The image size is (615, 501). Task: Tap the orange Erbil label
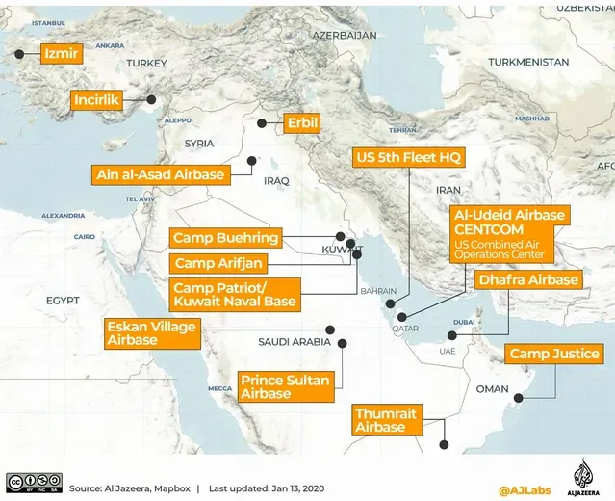[x=301, y=123]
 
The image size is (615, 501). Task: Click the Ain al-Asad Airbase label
[x=161, y=174]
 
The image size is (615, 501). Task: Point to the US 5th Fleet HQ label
[x=409, y=157]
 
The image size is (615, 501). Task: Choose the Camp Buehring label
[x=226, y=237]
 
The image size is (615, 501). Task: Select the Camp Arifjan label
[x=218, y=262]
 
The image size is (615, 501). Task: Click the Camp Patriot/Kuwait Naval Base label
[x=235, y=295]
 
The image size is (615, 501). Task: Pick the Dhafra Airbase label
[x=528, y=279]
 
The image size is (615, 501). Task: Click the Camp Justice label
[x=554, y=354]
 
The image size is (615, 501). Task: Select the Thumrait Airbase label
[x=386, y=419]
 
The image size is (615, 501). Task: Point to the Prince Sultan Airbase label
[x=285, y=386]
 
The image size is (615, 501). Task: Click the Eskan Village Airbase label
[x=152, y=333]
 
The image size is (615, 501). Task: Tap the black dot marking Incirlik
[x=151, y=99]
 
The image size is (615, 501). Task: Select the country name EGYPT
[x=63, y=301]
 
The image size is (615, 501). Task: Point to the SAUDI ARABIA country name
[x=294, y=342]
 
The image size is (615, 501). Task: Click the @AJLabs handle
[x=524, y=489]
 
